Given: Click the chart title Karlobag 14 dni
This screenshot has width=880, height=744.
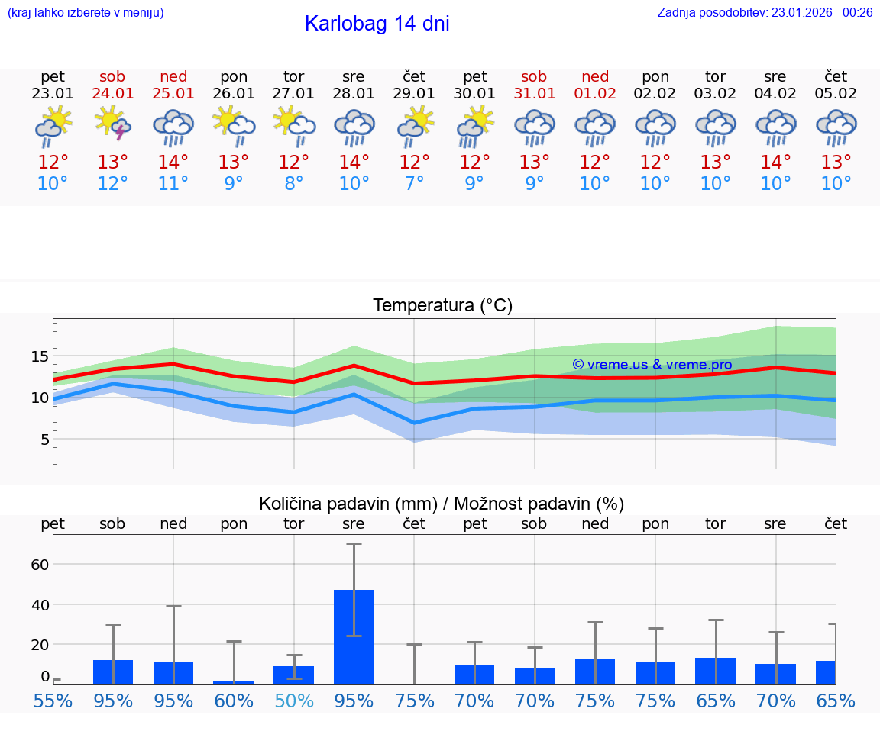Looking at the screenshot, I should pyautogui.click(x=377, y=24).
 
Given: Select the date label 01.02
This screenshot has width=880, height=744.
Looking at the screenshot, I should pyautogui.click(x=595, y=94).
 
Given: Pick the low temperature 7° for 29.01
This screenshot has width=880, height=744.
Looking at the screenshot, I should pyautogui.click(x=414, y=184).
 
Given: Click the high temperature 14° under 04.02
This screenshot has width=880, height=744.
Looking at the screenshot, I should pyautogui.click(x=775, y=163).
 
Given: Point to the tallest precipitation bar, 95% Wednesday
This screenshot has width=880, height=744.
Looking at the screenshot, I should pyautogui.click(x=354, y=636).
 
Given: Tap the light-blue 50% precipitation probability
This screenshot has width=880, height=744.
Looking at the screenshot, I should pyautogui.click(x=294, y=701).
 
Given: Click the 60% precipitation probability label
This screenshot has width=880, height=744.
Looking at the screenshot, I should pyautogui.click(x=234, y=701).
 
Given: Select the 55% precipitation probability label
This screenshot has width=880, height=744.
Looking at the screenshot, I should pyautogui.click(x=53, y=701).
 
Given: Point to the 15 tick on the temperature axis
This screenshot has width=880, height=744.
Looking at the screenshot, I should pyautogui.click(x=40, y=356).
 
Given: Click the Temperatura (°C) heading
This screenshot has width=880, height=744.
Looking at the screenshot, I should pyautogui.click(x=442, y=305).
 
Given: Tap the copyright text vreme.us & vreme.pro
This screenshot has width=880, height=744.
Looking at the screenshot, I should pyautogui.click(x=652, y=365).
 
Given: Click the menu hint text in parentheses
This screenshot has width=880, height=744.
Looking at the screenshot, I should pyautogui.click(x=86, y=12).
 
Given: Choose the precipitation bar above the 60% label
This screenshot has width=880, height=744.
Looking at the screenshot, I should pyautogui.click(x=234, y=682).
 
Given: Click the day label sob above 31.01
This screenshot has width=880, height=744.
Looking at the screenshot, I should pyautogui.click(x=534, y=76).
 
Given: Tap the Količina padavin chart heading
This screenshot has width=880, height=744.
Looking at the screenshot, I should pyautogui.click(x=442, y=504).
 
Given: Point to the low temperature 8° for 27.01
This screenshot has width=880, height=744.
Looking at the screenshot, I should pyautogui.click(x=294, y=184).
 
